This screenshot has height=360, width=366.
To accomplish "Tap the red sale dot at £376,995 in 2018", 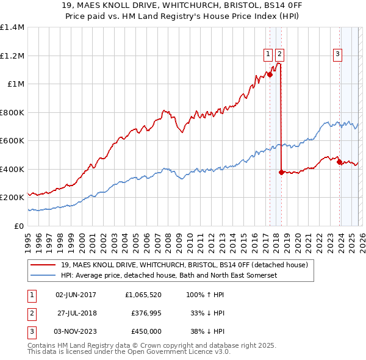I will tap(281, 172).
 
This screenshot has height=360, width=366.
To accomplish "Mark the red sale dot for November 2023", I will tap(339, 162).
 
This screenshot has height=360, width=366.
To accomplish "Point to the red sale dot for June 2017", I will tap(269, 74).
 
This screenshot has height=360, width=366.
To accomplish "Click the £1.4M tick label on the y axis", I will tap(12, 27).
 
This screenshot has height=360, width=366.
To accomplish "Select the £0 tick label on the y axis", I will tap(20, 226).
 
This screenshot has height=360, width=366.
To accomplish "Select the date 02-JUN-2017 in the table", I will tap(76, 294).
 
